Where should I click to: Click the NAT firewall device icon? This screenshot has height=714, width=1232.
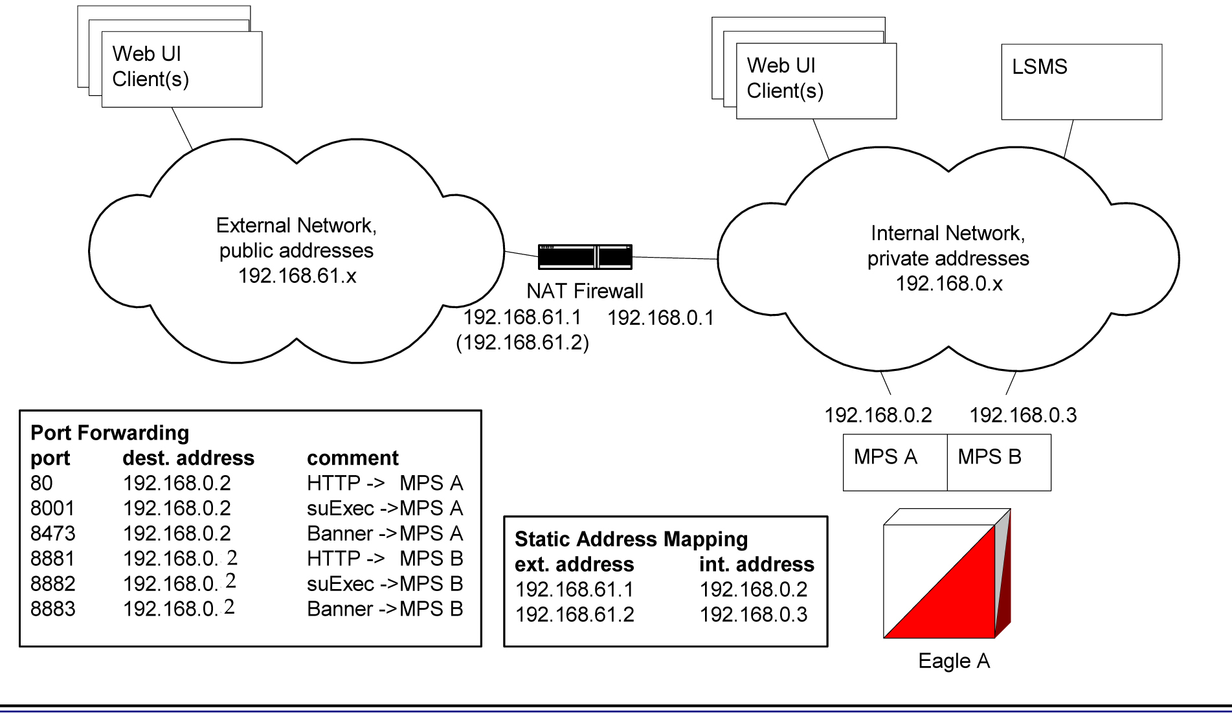click(585, 257)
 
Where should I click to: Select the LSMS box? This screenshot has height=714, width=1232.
click(1081, 82)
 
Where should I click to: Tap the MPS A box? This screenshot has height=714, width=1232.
click(894, 462)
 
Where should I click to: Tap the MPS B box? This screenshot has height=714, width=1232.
click(998, 462)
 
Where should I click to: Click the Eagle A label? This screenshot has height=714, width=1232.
click(954, 661)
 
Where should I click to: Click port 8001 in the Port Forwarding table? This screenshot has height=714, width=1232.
click(52, 508)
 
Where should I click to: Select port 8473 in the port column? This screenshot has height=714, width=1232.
click(52, 533)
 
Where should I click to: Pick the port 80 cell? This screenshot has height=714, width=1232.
click(41, 483)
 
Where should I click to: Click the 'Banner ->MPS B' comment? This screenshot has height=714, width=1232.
click(385, 609)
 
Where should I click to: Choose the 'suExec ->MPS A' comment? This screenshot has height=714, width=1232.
click(385, 508)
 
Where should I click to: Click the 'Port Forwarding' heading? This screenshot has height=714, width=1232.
click(109, 432)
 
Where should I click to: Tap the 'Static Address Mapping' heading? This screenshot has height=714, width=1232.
click(631, 539)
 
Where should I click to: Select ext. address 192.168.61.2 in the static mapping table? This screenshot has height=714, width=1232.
click(574, 614)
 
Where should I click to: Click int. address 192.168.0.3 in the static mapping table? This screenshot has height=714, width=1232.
click(753, 614)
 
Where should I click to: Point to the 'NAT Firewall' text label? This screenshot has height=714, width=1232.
click(585, 291)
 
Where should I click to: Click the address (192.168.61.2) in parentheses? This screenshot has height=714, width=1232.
click(522, 342)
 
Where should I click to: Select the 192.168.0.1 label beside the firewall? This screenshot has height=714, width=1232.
click(660, 318)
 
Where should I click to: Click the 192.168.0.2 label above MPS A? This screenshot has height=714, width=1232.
click(878, 415)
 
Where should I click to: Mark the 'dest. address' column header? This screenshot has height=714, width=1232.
click(188, 458)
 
